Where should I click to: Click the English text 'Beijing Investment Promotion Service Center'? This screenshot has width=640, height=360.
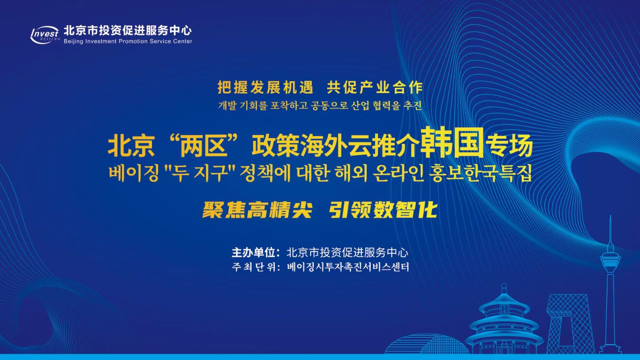pyautogui.click(x=128, y=41)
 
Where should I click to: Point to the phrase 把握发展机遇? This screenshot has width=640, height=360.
pyautogui.click(x=265, y=87)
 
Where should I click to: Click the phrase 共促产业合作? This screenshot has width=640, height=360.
pyautogui.click(x=375, y=87)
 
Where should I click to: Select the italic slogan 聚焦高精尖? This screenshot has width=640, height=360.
pyautogui.click(x=257, y=210)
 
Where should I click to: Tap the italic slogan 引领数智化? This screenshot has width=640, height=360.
pyautogui.click(x=383, y=210)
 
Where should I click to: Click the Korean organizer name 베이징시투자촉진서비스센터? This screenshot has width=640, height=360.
pyautogui.click(x=348, y=267)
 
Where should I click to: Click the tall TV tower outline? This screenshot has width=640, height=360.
pyautogui.click(x=610, y=286)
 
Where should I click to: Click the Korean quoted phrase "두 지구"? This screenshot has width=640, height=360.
pyautogui.click(x=200, y=173)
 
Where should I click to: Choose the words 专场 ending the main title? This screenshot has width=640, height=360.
pyautogui.click(x=509, y=146)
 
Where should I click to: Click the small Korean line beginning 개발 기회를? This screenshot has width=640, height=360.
pyautogui.click(x=320, y=106)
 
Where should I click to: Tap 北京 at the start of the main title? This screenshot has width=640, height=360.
pyautogui.click(x=132, y=146)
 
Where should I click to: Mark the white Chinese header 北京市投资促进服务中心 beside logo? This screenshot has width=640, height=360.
pyautogui.click(x=127, y=30)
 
